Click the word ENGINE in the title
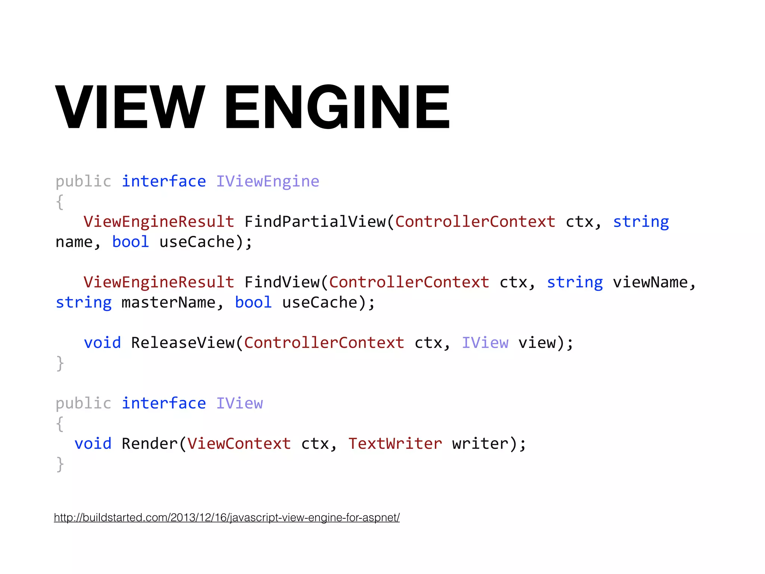337,107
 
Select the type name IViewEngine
267,182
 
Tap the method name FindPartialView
315,222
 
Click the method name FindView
282,283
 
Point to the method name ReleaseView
183,343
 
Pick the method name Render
150,444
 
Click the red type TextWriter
395,444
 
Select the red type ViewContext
239,444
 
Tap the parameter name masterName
168,303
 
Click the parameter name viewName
650,283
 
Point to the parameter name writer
480,444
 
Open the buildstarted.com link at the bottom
227,518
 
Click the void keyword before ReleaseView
102,343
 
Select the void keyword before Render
93,444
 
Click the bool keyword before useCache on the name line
131,242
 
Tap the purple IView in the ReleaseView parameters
485,343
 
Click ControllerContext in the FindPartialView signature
475,222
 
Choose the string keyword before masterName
84,303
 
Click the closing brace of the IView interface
60,464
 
